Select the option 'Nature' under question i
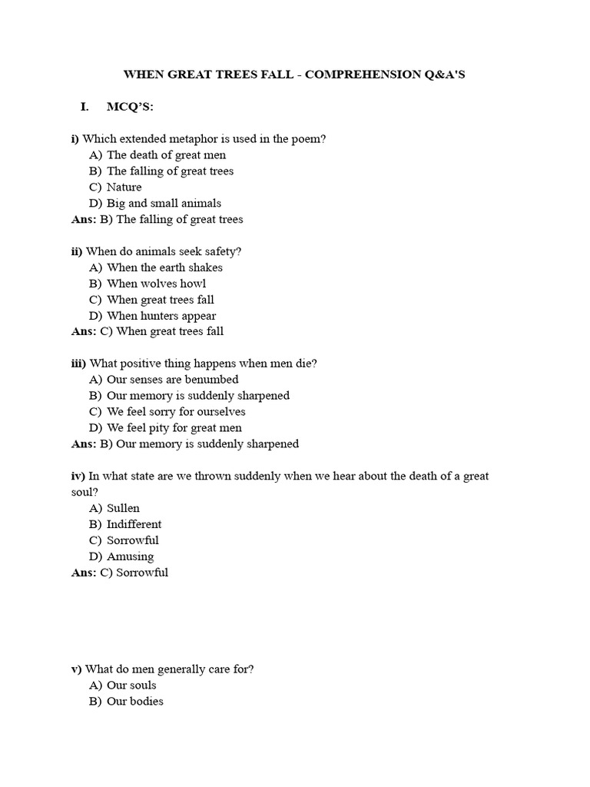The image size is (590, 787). point(124,187)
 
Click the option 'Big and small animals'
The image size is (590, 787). point(164,203)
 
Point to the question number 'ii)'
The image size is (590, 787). point(77,251)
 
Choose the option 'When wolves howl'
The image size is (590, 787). point(157,284)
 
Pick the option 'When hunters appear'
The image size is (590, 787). point(161,316)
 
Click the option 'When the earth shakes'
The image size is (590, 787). point(164,267)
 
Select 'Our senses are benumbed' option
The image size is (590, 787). point(173,380)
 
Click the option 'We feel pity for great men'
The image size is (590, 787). point(174,428)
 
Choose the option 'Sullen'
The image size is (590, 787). point(123,508)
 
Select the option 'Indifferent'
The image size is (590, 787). point(134,524)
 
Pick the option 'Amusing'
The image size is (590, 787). point(130,556)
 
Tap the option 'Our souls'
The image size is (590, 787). point(131,685)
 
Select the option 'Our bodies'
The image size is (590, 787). point(135,701)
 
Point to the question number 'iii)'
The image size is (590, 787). point(78,364)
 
